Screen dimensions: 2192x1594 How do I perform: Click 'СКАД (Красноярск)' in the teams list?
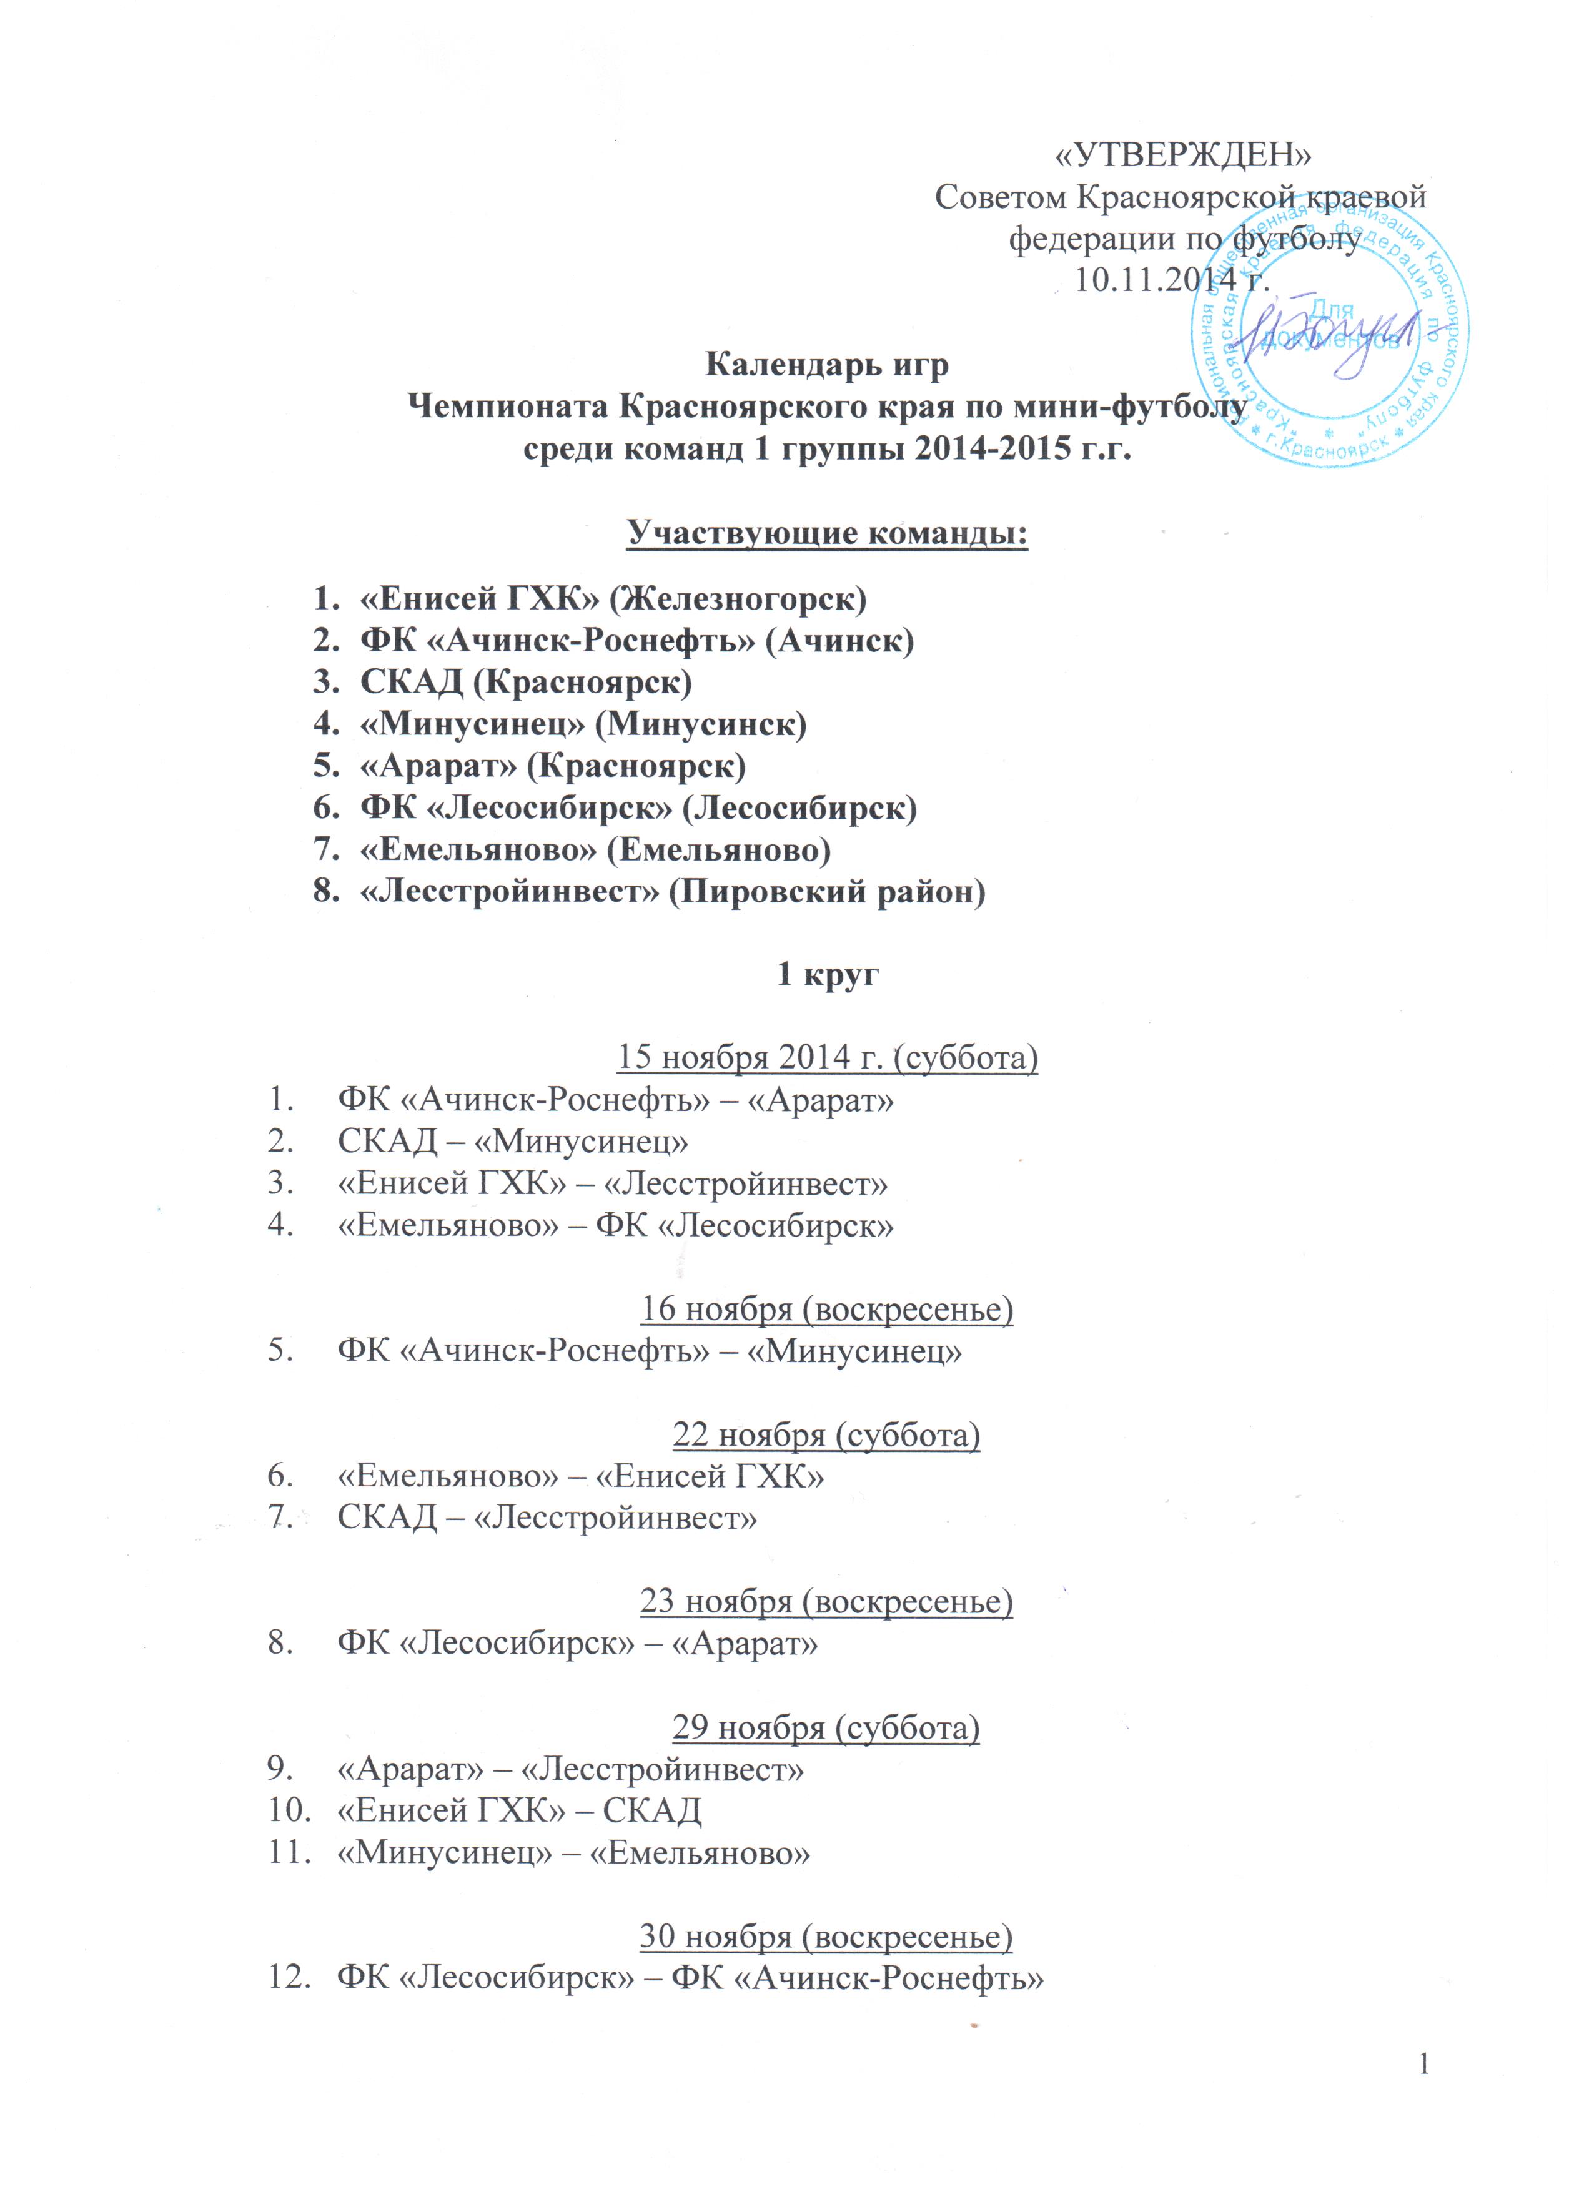click(526, 683)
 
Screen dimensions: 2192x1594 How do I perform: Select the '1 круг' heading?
click(828, 974)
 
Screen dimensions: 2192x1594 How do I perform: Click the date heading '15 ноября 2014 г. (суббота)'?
click(828, 1059)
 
